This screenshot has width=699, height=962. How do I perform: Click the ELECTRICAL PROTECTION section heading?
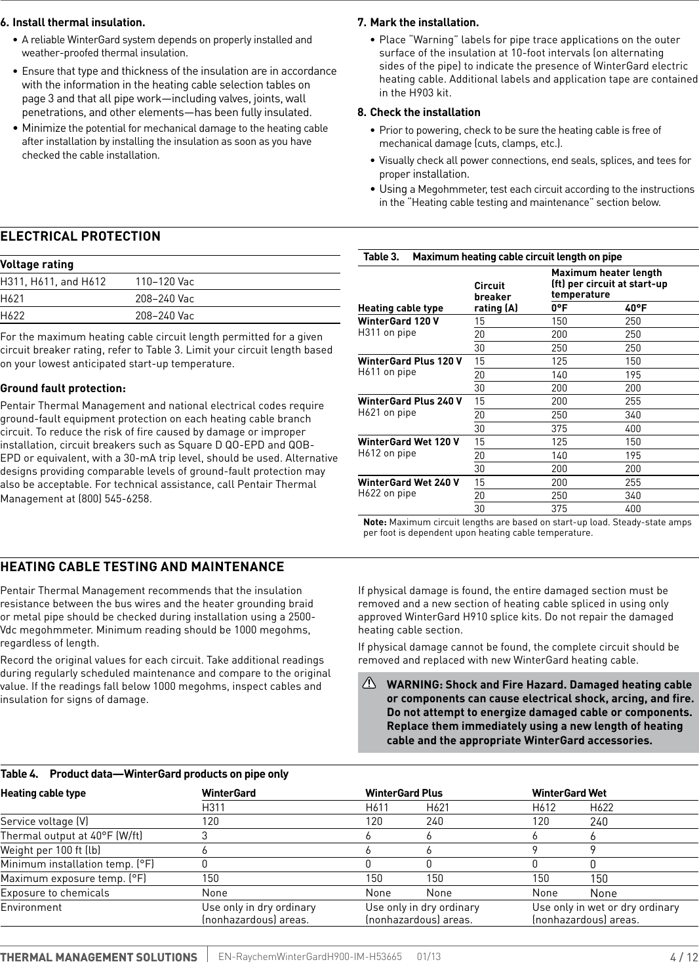pyautogui.click(x=80, y=237)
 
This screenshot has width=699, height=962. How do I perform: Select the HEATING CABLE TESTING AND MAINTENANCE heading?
pyautogui.click(x=142, y=567)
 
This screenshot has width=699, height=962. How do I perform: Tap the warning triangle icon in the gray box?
pyautogui.click(x=369, y=684)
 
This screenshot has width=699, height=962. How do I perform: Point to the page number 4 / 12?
pyautogui.click(x=684, y=957)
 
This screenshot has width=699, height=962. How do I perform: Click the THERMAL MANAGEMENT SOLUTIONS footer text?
pyautogui.click(x=98, y=957)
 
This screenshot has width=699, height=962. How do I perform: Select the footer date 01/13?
pyautogui.click(x=429, y=957)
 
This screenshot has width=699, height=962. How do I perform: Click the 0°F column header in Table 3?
pyautogui.click(x=559, y=308)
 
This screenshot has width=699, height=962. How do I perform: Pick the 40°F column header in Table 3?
pyautogui.click(x=635, y=308)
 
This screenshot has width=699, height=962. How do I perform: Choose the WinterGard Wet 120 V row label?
pyautogui.click(x=409, y=442)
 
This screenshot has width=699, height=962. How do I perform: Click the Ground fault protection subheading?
pyautogui.click(x=63, y=388)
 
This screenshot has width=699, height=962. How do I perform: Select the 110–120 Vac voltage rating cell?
pyautogui.click(x=165, y=282)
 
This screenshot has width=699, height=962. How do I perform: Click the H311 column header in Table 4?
pyautogui.click(x=213, y=808)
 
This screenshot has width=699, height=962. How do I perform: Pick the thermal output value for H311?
pyautogui.click(x=205, y=836)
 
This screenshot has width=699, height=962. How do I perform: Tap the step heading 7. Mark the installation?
pyautogui.click(x=418, y=23)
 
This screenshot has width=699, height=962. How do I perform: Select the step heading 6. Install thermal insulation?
pyautogui.click(x=73, y=23)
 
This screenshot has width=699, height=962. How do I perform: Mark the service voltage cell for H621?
pyautogui.click(x=434, y=822)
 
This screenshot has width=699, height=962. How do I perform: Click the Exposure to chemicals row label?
pyautogui.click(x=55, y=893)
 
